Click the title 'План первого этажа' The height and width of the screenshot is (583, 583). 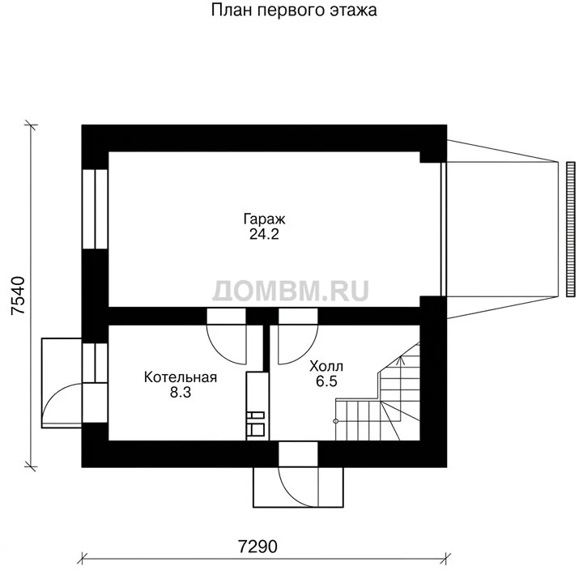pos(294,11)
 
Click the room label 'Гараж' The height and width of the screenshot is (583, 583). pos(264,219)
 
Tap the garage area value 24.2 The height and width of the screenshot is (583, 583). pos(264,234)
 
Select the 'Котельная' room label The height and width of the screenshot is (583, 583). pos(181,377)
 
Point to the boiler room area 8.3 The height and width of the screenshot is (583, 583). pos(181,392)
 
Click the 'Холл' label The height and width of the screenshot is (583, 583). pos(326,366)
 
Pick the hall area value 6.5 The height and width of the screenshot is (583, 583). pos(326,381)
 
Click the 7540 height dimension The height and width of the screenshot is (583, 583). pos(18,296)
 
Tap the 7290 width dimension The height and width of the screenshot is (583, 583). pos(257,547)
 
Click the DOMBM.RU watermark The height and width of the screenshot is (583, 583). pos(291,291)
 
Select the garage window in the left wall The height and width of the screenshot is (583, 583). pos(95,209)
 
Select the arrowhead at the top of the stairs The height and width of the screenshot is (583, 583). pos(401,360)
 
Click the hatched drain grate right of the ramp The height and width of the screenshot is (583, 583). pos(570,229)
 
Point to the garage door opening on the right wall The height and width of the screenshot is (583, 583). pos(443,229)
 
